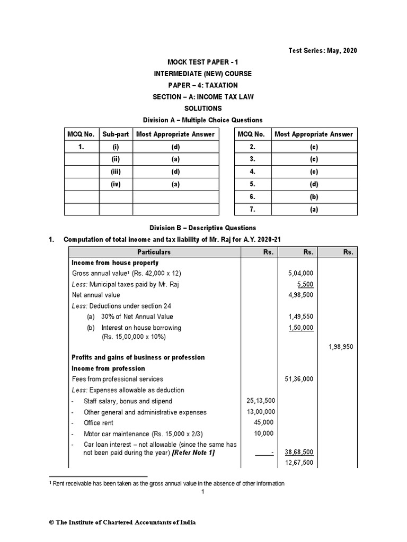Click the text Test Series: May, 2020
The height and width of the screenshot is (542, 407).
point(322,51)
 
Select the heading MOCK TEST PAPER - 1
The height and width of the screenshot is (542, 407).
point(203,62)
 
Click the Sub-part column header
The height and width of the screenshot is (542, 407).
point(116,134)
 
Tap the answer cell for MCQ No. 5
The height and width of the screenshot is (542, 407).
point(314,184)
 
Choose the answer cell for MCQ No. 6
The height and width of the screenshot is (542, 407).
point(314,197)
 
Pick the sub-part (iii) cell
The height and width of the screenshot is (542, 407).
point(116,171)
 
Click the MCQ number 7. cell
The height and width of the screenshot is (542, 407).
point(252,210)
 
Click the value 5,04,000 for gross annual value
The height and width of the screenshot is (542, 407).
point(300,273)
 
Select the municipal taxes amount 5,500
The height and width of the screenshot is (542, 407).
point(304,284)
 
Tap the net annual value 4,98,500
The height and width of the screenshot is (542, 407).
point(300,295)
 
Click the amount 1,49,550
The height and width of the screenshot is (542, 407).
point(300,317)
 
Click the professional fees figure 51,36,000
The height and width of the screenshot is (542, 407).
point(299,379)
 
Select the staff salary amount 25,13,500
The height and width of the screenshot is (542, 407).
point(260,401)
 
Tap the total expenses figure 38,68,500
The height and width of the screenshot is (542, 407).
point(299,453)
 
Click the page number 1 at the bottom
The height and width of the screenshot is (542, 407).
point(203,492)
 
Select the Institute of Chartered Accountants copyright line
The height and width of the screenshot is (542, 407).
point(122,522)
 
